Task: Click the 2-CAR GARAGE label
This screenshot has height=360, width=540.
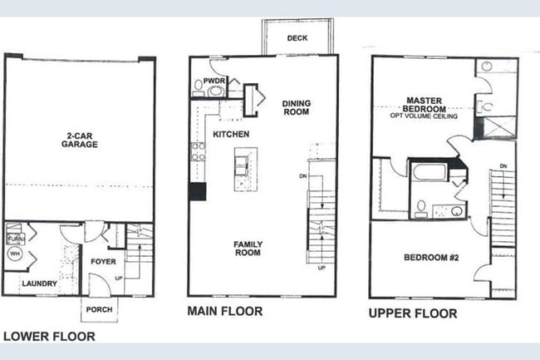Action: coord(79,139)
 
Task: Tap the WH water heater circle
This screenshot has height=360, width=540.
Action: coord(14,253)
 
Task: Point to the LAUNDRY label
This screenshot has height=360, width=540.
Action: coord(38,284)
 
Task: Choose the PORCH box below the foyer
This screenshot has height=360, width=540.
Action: coord(99,309)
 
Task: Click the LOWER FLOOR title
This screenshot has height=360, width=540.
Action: coord(49,337)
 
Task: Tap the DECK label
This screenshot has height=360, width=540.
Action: coord(297,38)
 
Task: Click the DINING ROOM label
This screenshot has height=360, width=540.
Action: coord(296,107)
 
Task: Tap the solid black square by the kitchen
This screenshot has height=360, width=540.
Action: coord(197,191)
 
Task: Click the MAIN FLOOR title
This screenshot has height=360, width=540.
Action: coord(226,312)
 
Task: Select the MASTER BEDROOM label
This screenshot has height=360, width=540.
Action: coord(423,105)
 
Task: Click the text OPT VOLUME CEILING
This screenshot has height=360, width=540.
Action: coord(423,116)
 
